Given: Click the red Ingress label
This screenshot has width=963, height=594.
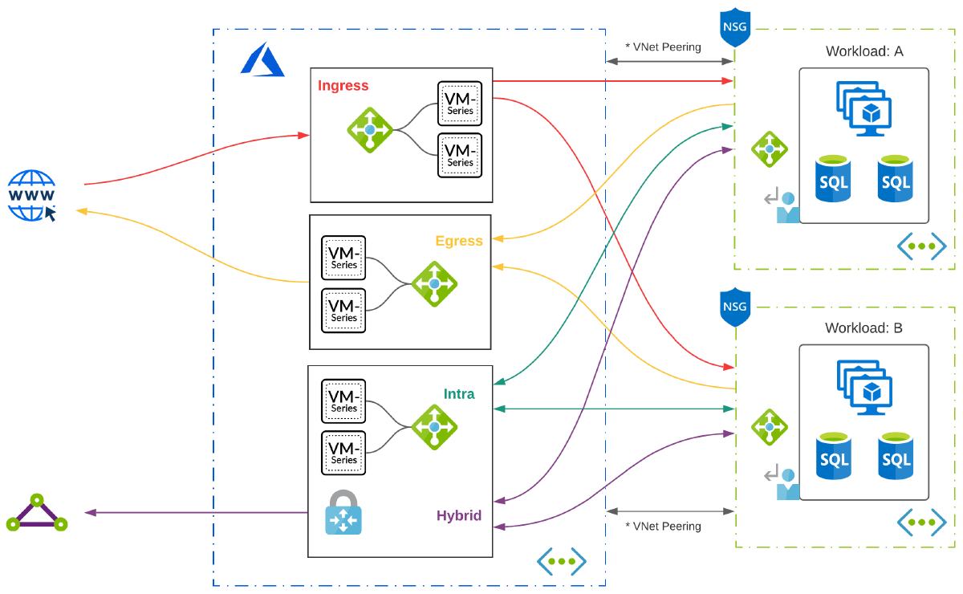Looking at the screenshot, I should coord(343,86).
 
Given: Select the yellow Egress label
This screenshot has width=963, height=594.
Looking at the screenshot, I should coord(459,241).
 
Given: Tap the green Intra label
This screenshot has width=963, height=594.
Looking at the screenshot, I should coord(459,394).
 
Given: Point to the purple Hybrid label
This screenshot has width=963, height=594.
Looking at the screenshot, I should coord(459,515).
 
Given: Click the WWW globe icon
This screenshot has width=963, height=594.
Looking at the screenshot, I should coord(32,195).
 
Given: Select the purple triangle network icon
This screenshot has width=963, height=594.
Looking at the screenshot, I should coord(36,513).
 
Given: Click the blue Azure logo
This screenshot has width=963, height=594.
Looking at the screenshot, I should coord(262,60).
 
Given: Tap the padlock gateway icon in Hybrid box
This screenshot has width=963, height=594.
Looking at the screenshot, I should coord(343,513).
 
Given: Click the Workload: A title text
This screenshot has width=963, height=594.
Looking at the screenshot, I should coord(864,51).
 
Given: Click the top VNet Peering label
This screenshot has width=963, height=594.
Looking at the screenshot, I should coord(663,47).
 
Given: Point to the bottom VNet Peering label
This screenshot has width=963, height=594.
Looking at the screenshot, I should coord(663,527).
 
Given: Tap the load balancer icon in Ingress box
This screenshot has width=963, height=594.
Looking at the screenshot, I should coord(369,129).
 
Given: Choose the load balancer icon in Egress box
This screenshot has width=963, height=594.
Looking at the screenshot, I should coord(434,284).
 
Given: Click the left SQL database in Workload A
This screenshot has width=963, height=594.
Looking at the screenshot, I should coord(834,179).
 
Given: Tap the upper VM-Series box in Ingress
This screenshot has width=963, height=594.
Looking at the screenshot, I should coord(460,104).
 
